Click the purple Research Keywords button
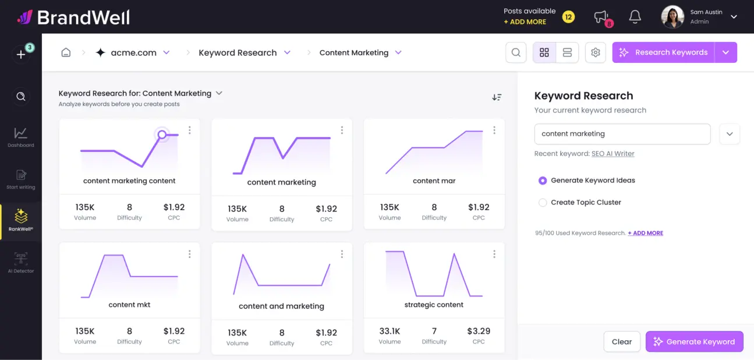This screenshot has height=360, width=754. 663,52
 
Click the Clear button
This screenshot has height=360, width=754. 622,342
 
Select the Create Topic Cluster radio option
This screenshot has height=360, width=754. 543,203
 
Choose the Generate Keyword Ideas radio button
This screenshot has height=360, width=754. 543,181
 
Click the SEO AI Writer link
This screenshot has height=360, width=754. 613,154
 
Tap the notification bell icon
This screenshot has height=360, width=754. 635,17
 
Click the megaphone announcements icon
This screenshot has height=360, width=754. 601,17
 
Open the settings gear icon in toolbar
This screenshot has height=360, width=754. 595,52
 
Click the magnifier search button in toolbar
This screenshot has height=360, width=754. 516,52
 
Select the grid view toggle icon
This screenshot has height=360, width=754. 544,52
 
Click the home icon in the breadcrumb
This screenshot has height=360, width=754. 66,52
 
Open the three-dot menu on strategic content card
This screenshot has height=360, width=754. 494,254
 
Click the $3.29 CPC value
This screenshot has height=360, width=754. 479,331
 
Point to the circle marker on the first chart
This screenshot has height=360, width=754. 162,135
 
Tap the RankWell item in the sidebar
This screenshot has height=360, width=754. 21,220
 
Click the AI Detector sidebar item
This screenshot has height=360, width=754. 21,262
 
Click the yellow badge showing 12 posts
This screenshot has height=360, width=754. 568,17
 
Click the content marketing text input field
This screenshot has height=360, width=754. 622,134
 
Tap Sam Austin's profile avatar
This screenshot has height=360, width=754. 672,17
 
